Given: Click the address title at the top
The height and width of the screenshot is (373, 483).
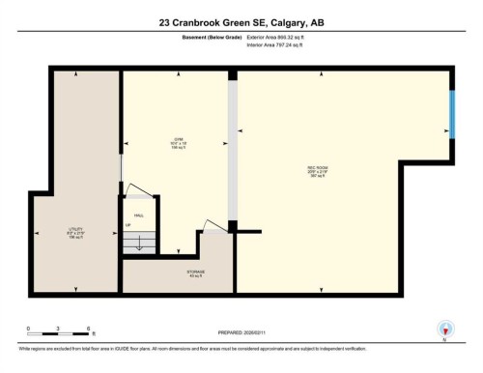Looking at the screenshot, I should [241, 21].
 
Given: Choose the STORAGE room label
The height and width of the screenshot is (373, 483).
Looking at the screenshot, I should [196, 273].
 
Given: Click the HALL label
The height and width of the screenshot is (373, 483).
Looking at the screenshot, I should [139, 215].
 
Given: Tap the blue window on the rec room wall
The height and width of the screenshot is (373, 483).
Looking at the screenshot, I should [452, 115].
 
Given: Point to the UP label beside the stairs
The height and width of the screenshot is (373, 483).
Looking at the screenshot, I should [127, 225].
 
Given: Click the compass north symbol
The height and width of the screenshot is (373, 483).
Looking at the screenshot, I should [444, 330].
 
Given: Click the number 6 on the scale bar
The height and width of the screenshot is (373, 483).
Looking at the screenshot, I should [89, 329].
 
